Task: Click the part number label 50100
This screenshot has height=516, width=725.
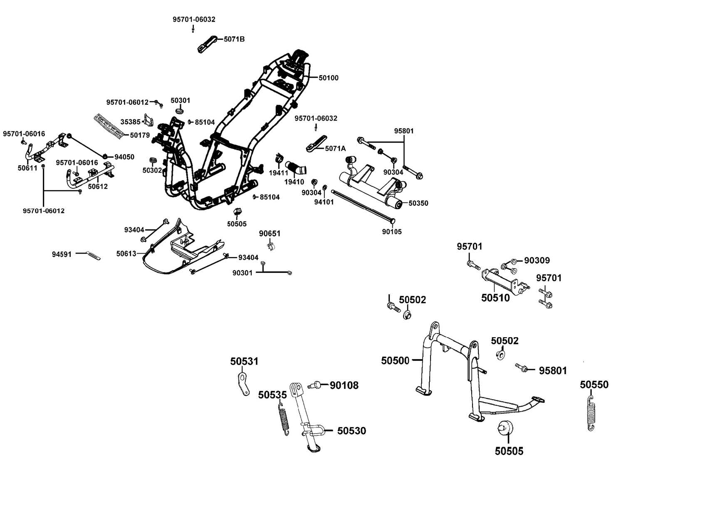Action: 329,78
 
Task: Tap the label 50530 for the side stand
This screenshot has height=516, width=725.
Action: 351,431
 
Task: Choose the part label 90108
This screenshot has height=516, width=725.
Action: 344,385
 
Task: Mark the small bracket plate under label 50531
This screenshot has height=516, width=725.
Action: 244,384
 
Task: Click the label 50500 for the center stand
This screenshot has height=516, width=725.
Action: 395,360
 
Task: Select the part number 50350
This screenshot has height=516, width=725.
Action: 418,203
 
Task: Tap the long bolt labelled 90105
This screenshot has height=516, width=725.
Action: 362,206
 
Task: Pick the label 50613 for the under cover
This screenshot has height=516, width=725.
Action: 126,254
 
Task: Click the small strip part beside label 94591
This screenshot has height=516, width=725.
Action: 93,255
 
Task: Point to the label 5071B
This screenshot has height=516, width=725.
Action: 234,40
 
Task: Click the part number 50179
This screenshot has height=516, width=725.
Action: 140,135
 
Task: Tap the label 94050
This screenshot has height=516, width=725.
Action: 124,157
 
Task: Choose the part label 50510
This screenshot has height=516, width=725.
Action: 495,298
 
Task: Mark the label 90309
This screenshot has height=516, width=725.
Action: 537,260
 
